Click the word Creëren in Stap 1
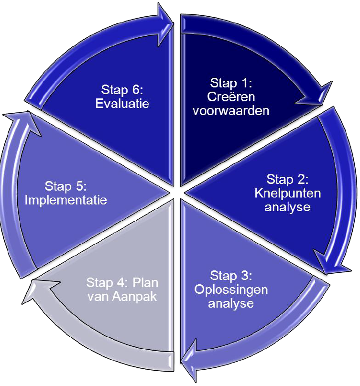click(x=232, y=97)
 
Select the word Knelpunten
click(x=288, y=193)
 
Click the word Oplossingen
click(x=231, y=289)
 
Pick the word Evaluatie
click(x=122, y=103)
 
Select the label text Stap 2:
click(x=288, y=180)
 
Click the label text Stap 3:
click(x=231, y=276)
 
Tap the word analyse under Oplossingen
click(x=231, y=303)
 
